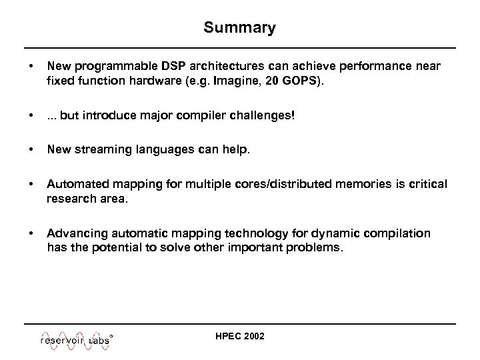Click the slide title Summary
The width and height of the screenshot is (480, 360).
[239, 28]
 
